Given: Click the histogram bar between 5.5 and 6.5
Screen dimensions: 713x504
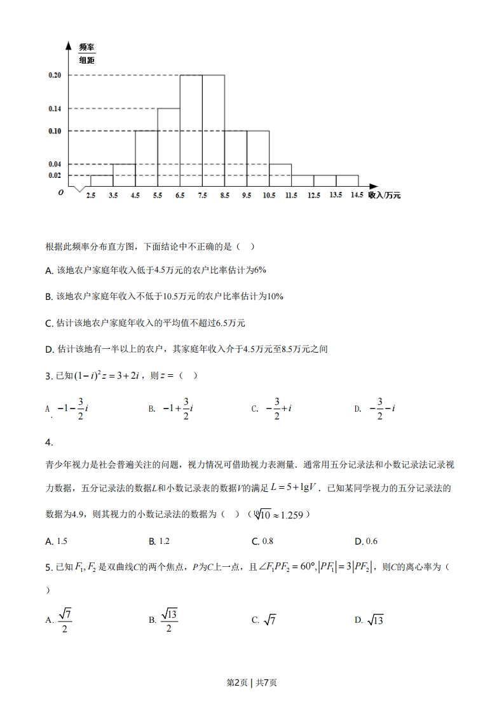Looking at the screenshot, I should click(x=168, y=147).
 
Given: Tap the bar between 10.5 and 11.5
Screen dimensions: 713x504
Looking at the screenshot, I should click(x=280, y=175).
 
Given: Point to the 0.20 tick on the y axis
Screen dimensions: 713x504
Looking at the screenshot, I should click(x=55, y=76).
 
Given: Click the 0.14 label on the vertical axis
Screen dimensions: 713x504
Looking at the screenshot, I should click(x=55, y=109).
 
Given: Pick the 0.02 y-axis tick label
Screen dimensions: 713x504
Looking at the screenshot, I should click(x=55, y=175).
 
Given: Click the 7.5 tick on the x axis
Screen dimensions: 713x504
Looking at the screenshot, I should click(x=202, y=196).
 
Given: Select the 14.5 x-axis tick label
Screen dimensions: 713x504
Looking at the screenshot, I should click(x=357, y=195).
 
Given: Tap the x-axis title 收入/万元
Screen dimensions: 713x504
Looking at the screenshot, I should click(x=385, y=196).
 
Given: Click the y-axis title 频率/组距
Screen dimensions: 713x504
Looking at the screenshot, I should click(x=86, y=54).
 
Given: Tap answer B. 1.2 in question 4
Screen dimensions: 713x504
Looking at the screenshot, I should click(x=160, y=541).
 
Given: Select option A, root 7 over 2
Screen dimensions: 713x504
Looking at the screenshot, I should click(x=59, y=620).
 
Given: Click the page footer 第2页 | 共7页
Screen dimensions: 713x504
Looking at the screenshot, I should click(x=252, y=682).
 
